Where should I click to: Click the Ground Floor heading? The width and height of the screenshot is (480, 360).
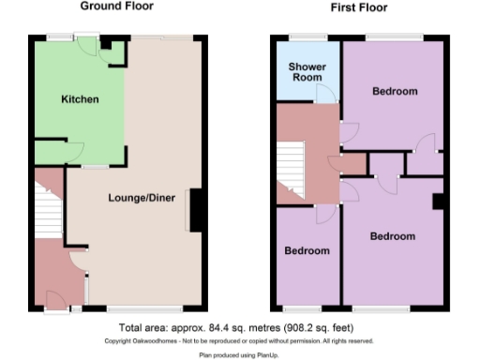(117, 7)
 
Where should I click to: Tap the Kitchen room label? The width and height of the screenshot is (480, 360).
(80, 99)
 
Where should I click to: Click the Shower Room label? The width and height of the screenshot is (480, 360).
(307, 72)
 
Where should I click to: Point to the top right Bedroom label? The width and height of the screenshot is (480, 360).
(394, 92)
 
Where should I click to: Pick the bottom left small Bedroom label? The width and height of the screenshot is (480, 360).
(307, 251)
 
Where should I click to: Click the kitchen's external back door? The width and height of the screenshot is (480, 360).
(90, 48)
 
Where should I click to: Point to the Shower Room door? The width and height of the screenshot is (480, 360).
(325, 94)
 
